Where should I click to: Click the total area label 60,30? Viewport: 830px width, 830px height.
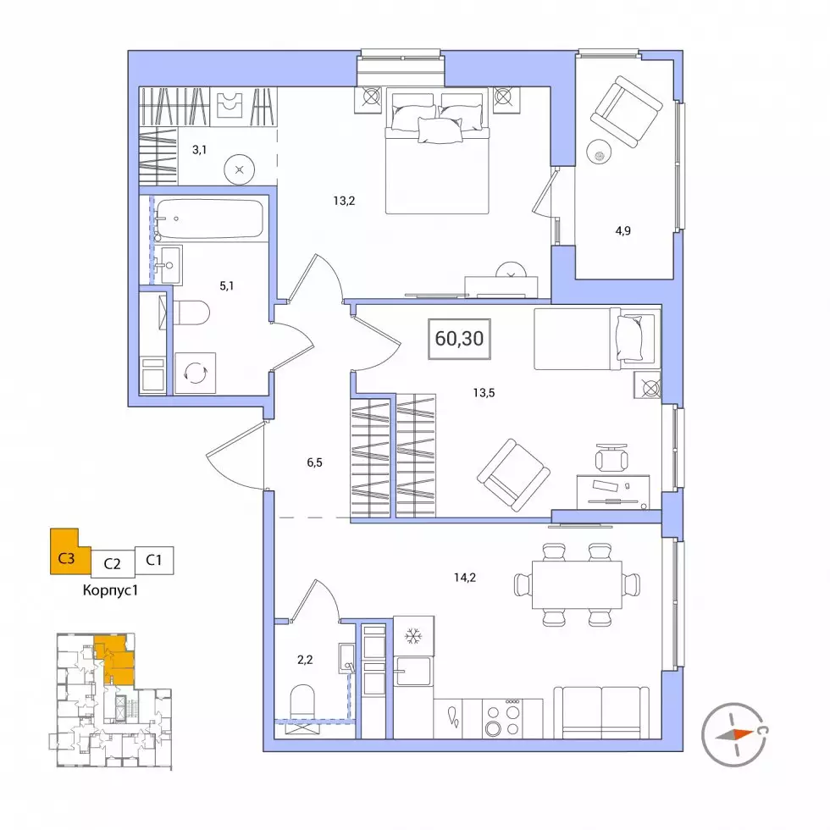[459, 338]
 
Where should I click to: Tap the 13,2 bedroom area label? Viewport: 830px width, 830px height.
[344, 201]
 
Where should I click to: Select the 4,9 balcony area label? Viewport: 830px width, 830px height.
[623, 230]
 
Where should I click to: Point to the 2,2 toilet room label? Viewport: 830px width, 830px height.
[305, 660]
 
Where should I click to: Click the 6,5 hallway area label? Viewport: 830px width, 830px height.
[314, 462]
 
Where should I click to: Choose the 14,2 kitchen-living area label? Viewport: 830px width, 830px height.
[465, 578]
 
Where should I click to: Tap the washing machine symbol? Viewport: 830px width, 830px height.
[196, 373]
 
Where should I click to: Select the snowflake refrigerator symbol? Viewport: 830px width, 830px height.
[413, 636]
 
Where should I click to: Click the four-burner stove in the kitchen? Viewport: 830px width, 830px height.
[503, 718]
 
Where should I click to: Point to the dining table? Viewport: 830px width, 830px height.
[577, 585]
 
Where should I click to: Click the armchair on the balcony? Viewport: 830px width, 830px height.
[627, 111]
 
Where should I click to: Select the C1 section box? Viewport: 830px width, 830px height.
[154, 560]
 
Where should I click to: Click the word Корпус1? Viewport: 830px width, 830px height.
[110, 590]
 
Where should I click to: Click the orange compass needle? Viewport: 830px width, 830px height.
[734, 735]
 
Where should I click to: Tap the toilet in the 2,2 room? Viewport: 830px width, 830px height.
[302, 702]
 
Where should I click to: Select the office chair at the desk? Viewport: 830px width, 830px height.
[611, 458]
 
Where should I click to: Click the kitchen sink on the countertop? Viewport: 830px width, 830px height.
[413, 671]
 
